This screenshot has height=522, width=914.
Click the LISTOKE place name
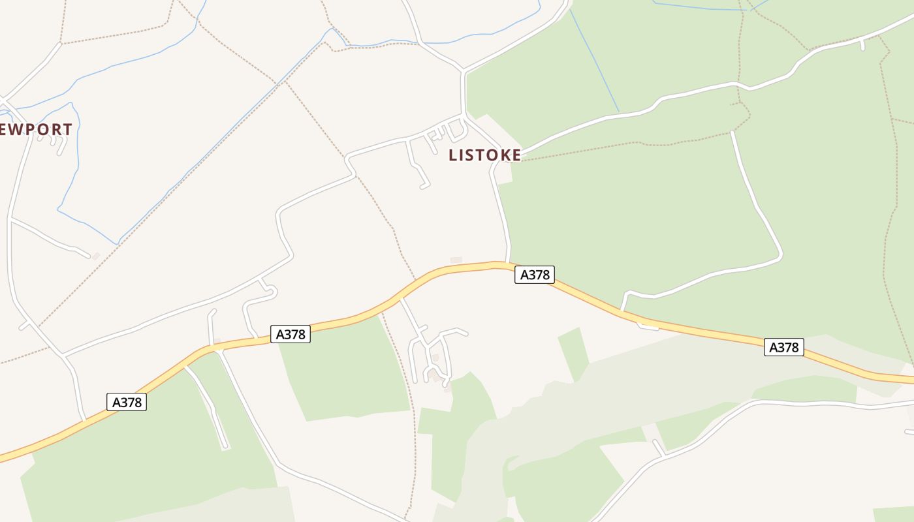click(x=484, y=155)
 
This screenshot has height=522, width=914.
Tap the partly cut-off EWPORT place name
click(x=36, y=129)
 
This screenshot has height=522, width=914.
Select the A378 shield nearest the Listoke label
click(x=534, y=275)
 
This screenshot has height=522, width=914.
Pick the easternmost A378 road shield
click(x=783, y=347)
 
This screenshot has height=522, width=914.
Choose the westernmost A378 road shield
click(x=127, y=402)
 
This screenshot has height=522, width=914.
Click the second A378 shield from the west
click(x=291, y=334)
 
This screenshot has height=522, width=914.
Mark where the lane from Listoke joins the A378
click(x=508, y=263)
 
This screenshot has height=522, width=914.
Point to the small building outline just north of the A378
click(x=456, y=260)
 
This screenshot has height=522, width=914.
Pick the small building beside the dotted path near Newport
click(x=96, y=256)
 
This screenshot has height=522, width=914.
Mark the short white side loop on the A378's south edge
click(x=648, y=326)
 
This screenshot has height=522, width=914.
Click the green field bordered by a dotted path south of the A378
click(x=346, y=372)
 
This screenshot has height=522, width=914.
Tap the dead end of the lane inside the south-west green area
click(x=226, y=447)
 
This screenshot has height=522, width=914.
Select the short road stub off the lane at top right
click(x=862, y=45)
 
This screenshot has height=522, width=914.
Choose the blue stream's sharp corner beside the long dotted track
click(x=118, y=243)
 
